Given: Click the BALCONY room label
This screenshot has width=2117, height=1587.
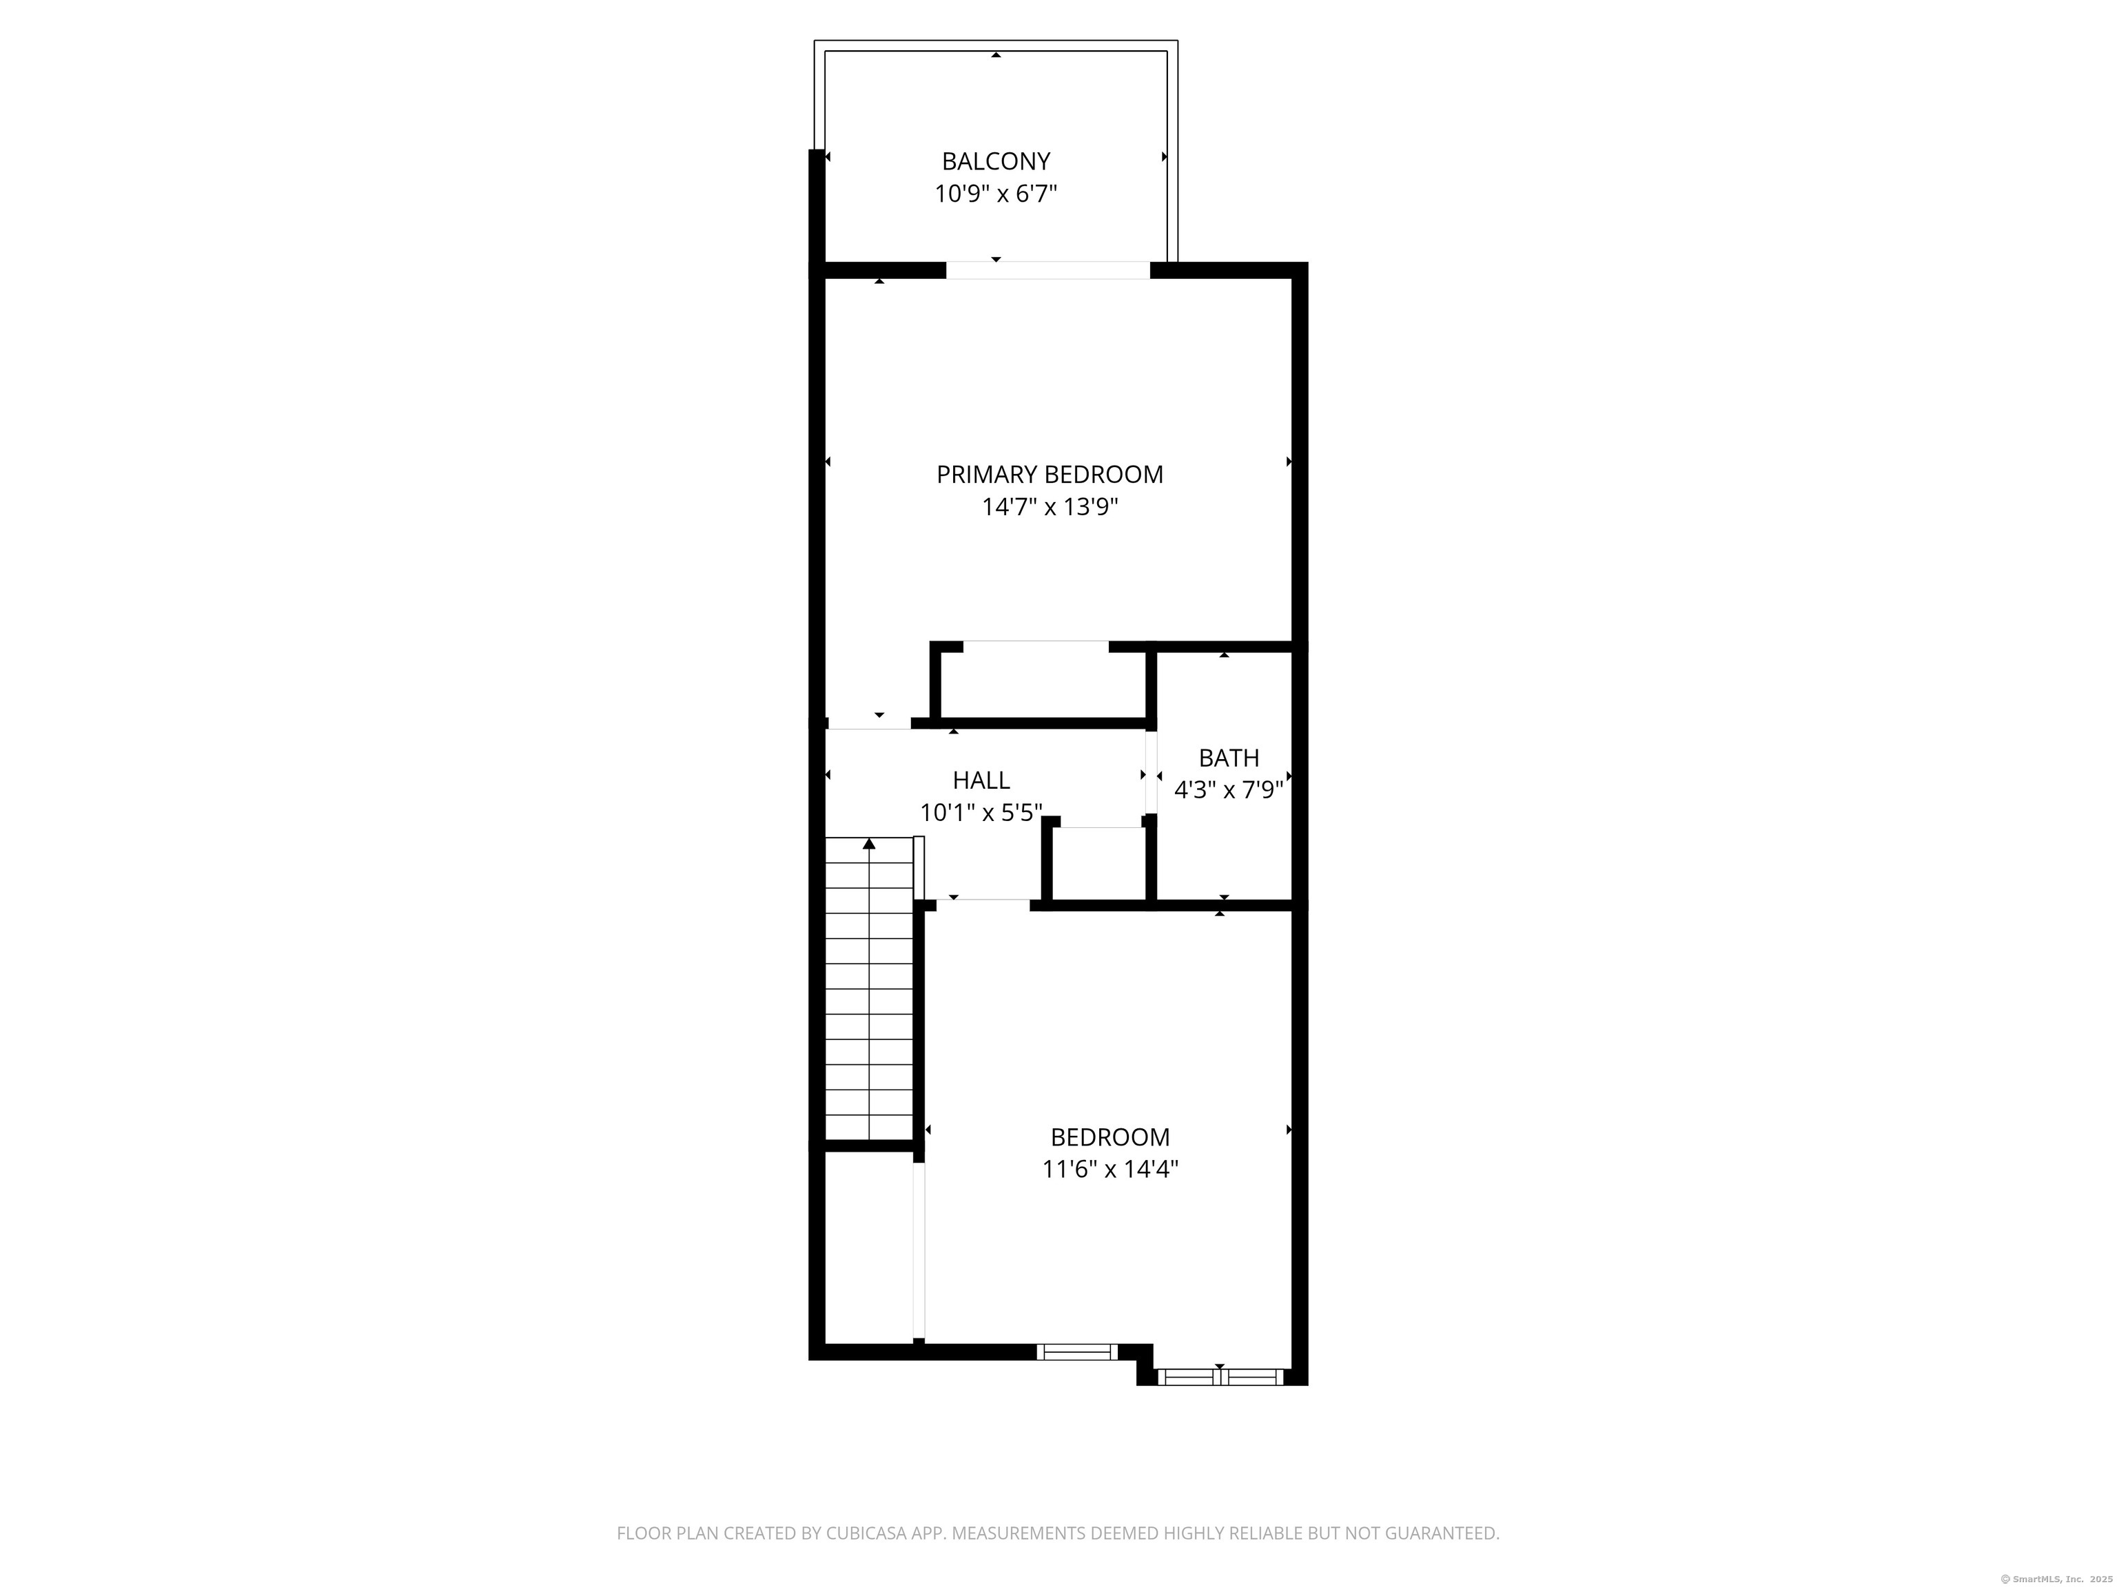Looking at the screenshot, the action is [995, 160].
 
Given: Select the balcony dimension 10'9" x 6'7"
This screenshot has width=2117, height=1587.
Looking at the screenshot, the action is [995, 194].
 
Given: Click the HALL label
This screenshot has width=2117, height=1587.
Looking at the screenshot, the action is [981, 780].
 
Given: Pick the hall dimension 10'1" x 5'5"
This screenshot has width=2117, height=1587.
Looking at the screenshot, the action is [981, 813].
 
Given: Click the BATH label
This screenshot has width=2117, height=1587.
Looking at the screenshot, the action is [1229, 758].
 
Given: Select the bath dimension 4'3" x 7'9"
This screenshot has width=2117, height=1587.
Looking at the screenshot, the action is [1229, 790].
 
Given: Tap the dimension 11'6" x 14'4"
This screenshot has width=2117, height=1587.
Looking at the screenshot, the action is [1110, 1169].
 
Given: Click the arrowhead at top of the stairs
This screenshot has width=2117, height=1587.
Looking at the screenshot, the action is [869, 844].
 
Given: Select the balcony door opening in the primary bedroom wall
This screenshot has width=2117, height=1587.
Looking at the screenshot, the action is [1048, 271].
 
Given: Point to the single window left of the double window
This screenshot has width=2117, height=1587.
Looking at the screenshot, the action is [1076, 1351].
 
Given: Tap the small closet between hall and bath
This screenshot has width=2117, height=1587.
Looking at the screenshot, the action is [1098, 864].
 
